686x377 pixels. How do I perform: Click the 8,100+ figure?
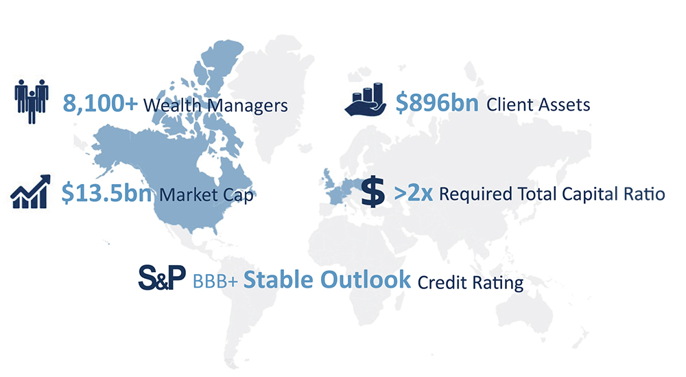pyautogui.click(x=100, y=104)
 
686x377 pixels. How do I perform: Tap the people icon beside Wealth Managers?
pyautogui.click(x=31, y=102)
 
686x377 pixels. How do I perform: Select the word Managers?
pyautogui.click(x=247, y=106)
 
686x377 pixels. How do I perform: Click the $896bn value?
pyautogui.click(x=436, y=103)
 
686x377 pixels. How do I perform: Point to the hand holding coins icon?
pyautogui.click(x=366, y=100)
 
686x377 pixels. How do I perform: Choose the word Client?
pyautogui.click(x=509, y=104)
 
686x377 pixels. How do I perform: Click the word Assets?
pyautogui.click(x=564, y=105)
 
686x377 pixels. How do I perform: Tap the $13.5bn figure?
pyautogui.click(x=107, y=193)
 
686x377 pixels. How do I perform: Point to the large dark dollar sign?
pyautogui.click(x=372, y=192)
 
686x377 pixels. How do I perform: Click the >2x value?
pyautogui.click(x=414, y=193)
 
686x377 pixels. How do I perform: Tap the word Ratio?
pyautogui.click(x=644, y=194)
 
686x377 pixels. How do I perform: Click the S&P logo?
pyautogui.click(x=162, y=277)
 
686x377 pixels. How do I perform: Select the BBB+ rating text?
pyautogui.click(x=215, y=282)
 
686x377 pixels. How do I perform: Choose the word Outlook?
pyautogui.click(x=366, y=279)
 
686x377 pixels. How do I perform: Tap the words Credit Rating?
pyautogui.click(x=471, y=283)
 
